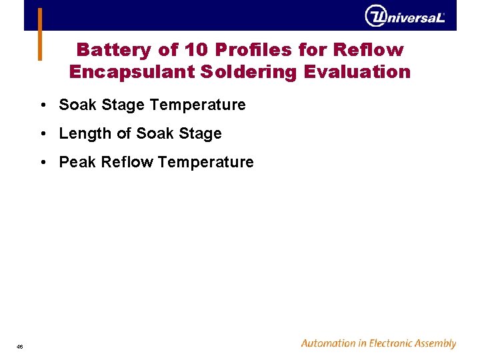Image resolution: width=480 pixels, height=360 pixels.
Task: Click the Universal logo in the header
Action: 405,15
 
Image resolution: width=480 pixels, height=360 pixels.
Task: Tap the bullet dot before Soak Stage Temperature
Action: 43,105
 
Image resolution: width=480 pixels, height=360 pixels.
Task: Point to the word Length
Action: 85,133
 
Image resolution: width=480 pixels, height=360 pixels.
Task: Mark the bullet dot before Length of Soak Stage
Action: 43,134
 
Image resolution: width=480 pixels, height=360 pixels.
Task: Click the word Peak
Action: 77,162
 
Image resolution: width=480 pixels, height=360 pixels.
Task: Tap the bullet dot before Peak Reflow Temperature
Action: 43,163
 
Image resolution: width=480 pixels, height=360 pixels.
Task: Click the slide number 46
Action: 20,347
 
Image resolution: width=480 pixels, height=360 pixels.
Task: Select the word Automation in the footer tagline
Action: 329,343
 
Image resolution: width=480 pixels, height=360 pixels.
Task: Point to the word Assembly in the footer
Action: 434,344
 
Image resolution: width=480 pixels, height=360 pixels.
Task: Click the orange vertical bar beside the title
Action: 40,34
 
